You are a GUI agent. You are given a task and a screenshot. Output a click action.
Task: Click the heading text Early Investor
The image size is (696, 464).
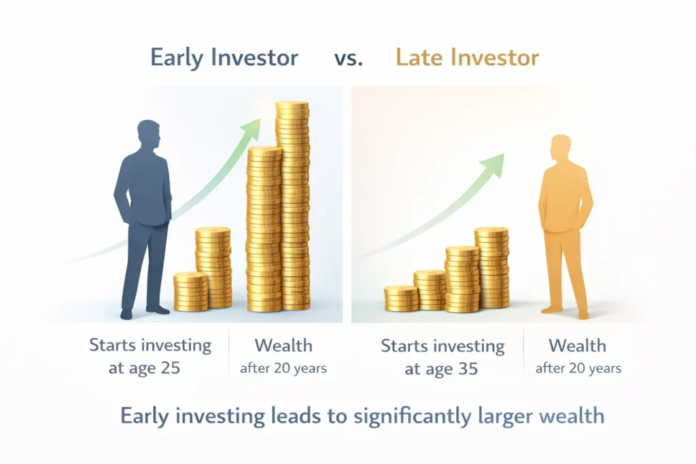224,58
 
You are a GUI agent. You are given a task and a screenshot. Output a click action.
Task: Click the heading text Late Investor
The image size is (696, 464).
467,58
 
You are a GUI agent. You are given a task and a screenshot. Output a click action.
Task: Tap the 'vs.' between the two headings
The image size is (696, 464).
348,58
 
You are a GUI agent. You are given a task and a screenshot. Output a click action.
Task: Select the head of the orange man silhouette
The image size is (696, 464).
561,149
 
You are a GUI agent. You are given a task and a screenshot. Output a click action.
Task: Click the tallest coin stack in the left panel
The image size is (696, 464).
292,204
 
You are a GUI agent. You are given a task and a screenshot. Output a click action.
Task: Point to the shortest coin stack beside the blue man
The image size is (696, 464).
190,292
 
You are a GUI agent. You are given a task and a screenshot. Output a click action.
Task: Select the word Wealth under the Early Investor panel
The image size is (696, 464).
283,345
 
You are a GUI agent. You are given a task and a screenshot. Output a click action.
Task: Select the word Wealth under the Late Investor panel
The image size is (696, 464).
577,345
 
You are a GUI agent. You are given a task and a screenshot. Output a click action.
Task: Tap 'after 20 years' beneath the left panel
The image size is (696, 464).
283,368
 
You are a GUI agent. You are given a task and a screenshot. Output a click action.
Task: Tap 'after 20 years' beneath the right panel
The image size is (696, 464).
578,368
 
